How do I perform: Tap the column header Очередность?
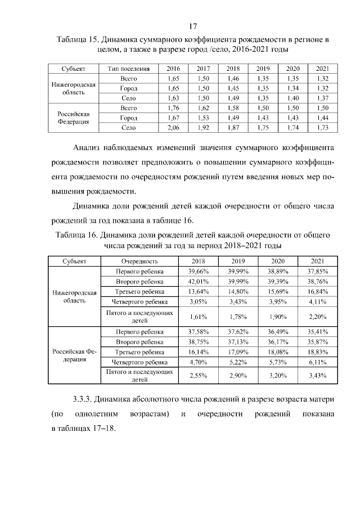coord(139,262)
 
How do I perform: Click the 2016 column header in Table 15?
coord(174,69)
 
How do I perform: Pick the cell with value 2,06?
coord(174,128)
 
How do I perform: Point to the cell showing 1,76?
coord(174,108)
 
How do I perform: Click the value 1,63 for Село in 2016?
coord(174,98)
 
